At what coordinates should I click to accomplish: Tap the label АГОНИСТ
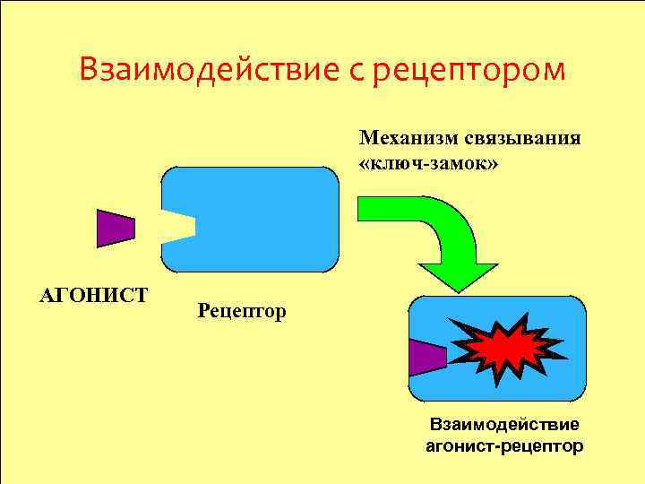click(94, 294)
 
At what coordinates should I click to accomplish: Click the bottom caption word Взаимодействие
click(503, 422)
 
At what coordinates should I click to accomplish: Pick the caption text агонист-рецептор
click(503, 445)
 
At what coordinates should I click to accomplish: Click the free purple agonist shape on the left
click(115, 228)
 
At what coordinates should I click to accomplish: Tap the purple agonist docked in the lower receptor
click(426, 357)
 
